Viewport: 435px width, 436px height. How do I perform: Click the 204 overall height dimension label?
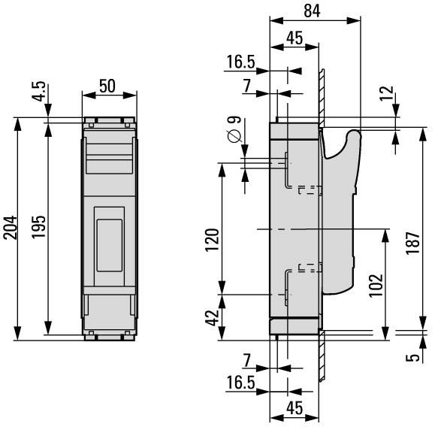(10, 228)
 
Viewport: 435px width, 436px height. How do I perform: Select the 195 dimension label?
(38, 226)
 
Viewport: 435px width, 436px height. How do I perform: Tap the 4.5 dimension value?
(38, 91)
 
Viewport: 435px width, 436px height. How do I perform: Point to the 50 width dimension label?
(107, 86)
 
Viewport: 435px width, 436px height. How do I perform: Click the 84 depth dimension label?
(312, 11)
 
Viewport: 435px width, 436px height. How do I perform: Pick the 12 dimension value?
(387, 93)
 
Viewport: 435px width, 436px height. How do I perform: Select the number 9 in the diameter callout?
(234, 120)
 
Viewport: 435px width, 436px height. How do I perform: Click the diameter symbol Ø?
(234, 136)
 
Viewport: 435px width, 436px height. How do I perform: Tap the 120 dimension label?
(212, 240)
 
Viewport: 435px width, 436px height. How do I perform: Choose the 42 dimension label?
(212, 317)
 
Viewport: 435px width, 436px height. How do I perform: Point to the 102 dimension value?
(376, 286)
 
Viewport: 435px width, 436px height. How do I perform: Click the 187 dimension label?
(412, 243)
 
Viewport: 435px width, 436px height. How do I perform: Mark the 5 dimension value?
(412, 358)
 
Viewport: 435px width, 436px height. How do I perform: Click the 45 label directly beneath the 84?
(295, 38)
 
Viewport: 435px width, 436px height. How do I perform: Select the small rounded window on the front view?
(110, 245)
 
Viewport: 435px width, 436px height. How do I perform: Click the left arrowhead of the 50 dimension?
(89, 95)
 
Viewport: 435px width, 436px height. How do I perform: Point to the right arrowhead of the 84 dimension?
(354, 20)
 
